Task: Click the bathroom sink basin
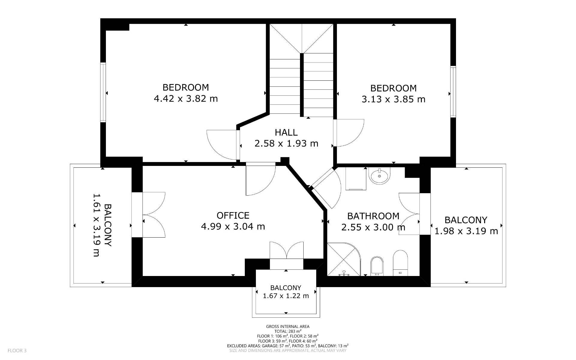[380, 176]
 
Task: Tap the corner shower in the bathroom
[343, 259]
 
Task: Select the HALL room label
[286, 132]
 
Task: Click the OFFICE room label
[233, 215]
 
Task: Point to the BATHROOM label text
[373, 216]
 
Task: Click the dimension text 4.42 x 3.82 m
[186, 98]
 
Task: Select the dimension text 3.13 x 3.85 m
[393, 99]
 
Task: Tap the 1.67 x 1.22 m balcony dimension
[286, 296]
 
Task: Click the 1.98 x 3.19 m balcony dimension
[466, 231]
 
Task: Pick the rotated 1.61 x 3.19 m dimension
[96, 225]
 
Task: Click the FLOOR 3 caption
[17, 350]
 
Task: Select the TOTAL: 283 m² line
[288, 331]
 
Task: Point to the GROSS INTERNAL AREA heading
[288, 326]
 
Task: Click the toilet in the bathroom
[400, 263]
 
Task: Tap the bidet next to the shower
[377, 266]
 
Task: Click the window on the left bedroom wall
[103, 92]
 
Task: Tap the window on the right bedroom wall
[453, 91]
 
